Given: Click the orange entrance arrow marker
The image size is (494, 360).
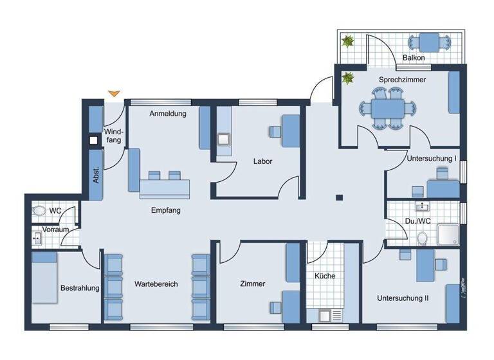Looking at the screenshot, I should pyautogui.click(x=114, y=94).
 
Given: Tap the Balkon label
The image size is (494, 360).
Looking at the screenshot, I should pyautogui.click(x=413, y=58).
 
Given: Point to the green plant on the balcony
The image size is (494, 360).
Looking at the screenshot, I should pyautogui.click(x=348, y=42).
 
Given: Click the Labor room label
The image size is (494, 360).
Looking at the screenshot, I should pyautogui.click(x=262, y=161).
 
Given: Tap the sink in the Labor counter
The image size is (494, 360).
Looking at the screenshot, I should pyautogui.click(x=224, y=139).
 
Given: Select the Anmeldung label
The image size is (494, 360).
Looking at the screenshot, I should pyautogui.click(x=167, y=114).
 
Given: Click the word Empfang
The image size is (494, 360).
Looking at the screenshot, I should pyautogui.click(x=165, y=210).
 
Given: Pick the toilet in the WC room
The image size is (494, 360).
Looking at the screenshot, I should pyautogui.click(x=39, y=210).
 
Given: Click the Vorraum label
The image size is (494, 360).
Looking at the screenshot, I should pyautogui.click(x=55, y=229).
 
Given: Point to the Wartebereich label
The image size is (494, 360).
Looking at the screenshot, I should pyautogui.click(x=156, y=283).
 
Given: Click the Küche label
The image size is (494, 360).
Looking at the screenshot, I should pyautogui.click(x=325, y=276).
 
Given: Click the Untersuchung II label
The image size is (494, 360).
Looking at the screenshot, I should pyautogui.click(x=403, y=298).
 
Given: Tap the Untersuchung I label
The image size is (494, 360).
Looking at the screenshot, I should pyautogui.click(x=432, y=158).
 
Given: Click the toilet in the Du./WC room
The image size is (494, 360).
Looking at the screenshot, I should pyautogui.click(x=423, y=239).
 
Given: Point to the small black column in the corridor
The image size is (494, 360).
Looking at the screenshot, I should pyautogui.click(x=340, y=197).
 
